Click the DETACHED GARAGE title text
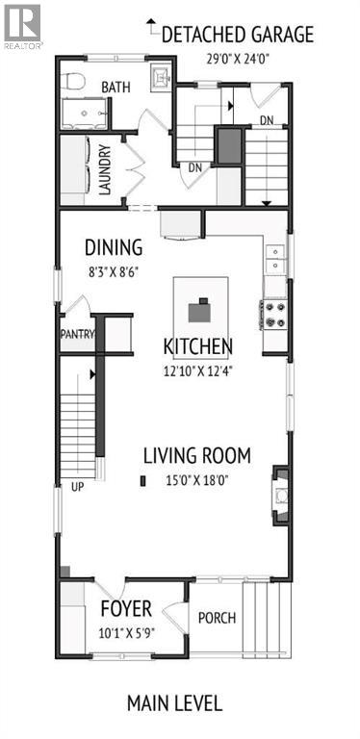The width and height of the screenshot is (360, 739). [237, 36]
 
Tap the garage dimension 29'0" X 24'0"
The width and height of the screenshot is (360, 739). [237, 58]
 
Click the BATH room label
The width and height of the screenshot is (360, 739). [116, 88]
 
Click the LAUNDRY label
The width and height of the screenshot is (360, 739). [104, 168]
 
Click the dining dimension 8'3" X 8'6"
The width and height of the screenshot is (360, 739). [114, 270]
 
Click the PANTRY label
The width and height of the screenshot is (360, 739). [77, 336]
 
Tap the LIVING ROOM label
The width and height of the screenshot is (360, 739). [196, 455]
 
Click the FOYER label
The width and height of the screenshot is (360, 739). [126, 609]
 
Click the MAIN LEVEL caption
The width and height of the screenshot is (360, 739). [174, 702]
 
